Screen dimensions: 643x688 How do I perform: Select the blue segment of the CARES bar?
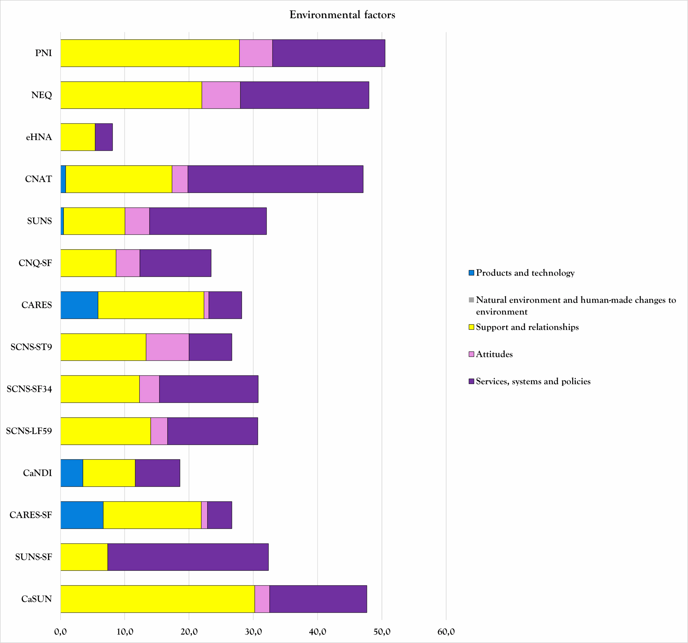tap(79, 305)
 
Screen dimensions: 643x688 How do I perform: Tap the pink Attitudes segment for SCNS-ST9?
tap(167, 347)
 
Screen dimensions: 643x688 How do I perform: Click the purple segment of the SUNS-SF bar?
tap(188, 557)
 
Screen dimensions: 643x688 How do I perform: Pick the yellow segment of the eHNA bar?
tap(78, 137)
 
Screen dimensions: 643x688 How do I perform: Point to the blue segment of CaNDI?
tap(72, 473)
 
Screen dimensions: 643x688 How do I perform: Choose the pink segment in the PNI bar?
tap(256, 53)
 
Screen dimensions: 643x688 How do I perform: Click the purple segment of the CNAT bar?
tap(275, 179)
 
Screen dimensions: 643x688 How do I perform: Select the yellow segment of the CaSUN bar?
tap(157, 599)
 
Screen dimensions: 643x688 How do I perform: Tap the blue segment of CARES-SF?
tap(82, 515)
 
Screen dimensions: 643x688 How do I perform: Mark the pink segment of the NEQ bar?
tap(221, 95)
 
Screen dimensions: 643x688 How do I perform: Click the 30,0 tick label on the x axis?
tap(253, 632)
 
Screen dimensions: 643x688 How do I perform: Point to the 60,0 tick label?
tap(446, 632)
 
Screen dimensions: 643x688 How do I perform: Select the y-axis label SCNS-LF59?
tap(29, 431)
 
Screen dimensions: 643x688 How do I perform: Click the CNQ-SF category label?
tap(35, 263)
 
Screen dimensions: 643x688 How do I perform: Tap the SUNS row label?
tap(40, 221)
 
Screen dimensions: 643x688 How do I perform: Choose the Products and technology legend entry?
tap(525, 273)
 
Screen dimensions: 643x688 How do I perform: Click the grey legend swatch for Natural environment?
tap(471, 300)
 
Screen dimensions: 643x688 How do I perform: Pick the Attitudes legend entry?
tap(494, 354)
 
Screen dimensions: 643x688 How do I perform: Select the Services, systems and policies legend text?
tap(533, 381)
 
